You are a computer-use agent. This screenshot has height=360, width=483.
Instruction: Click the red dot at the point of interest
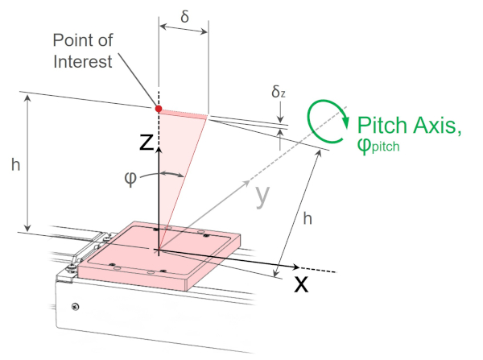[159, 108]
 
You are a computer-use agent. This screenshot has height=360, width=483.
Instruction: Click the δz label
[278, 93]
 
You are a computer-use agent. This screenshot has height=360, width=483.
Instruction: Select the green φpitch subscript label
[378, 147]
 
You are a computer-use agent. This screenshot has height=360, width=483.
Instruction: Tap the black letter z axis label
[147, 143]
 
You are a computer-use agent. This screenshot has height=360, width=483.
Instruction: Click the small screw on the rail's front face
[75, 305]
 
